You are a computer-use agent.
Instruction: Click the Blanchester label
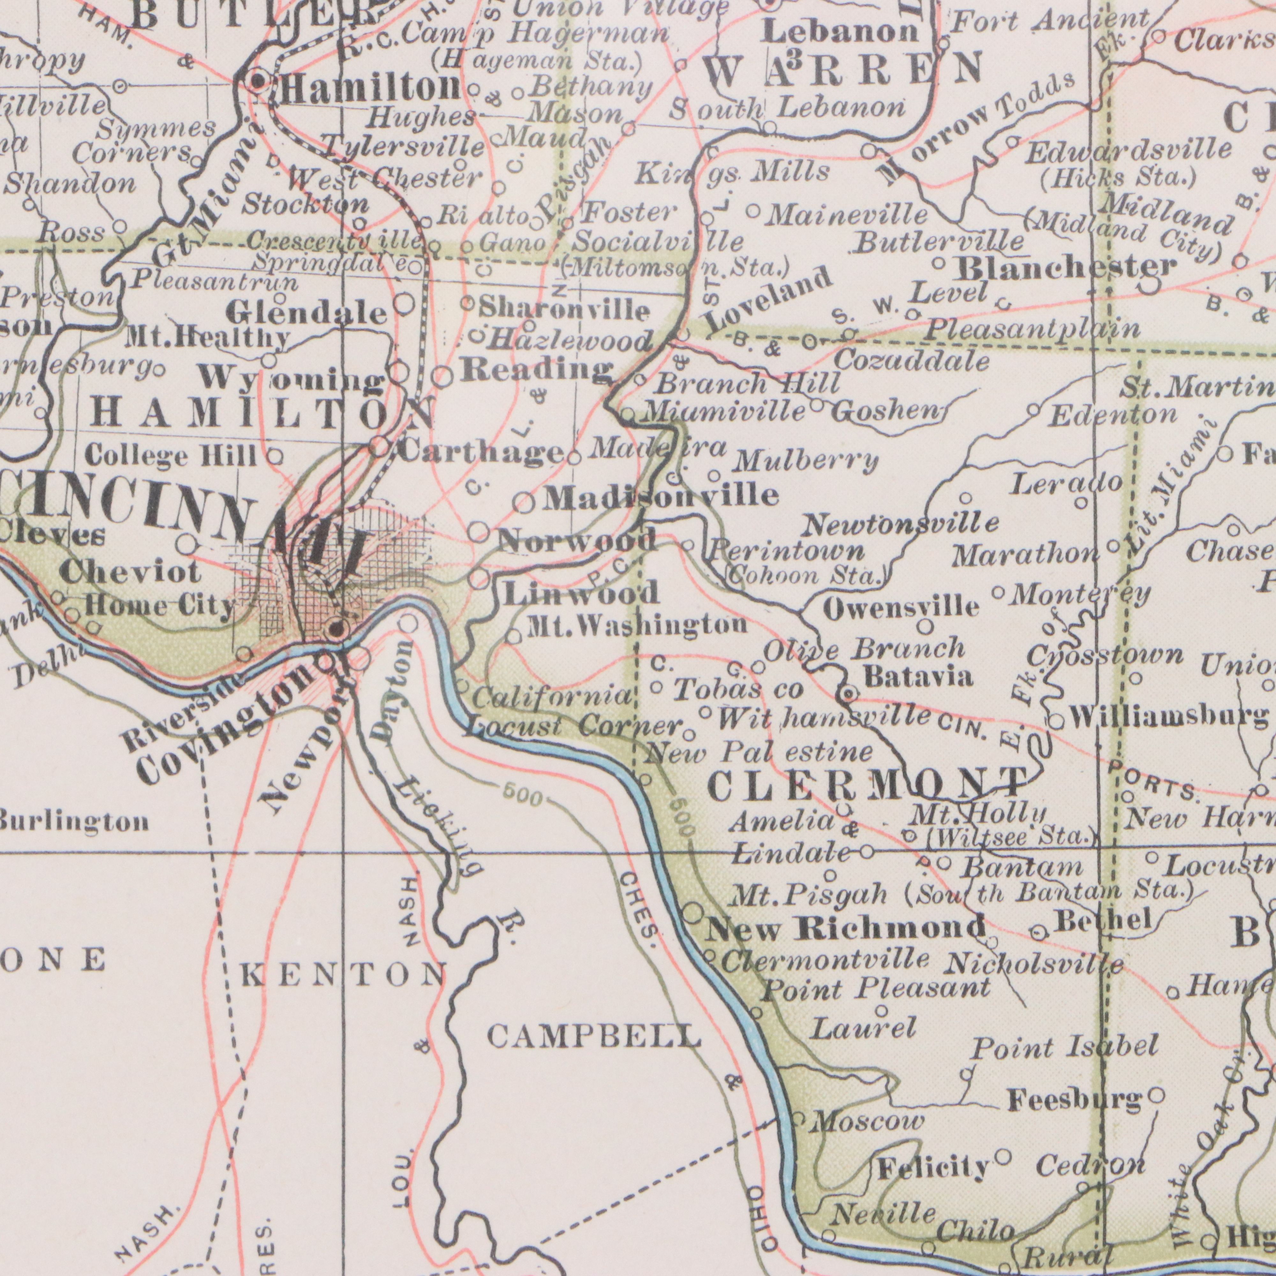click(x=1067, y=268)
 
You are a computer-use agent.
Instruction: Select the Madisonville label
click(x=660, y=495)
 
